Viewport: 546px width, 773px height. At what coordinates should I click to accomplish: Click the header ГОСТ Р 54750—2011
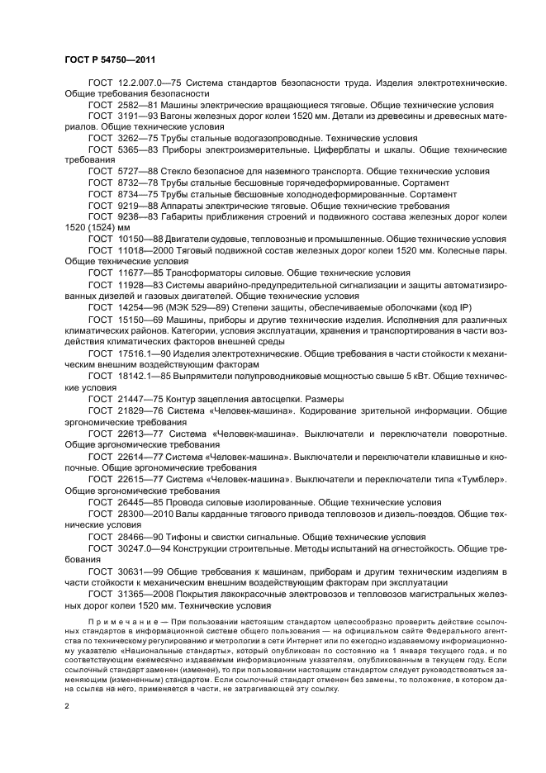click(110, 59)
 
